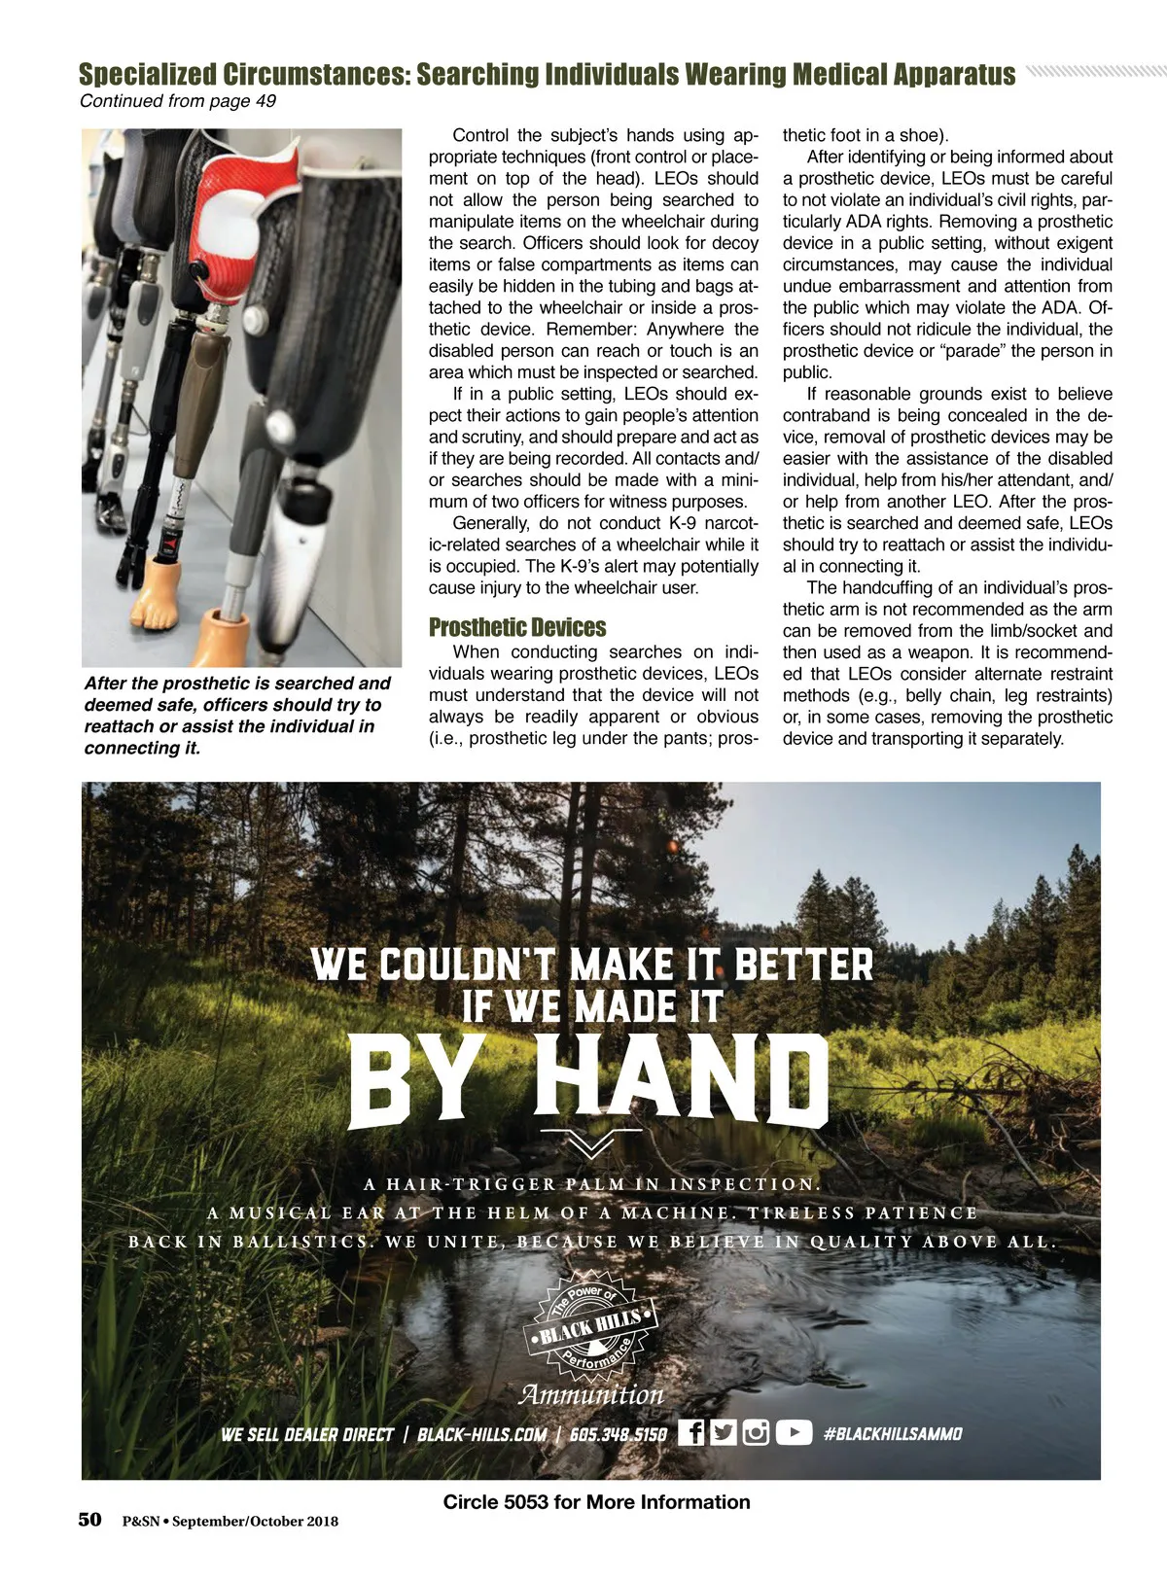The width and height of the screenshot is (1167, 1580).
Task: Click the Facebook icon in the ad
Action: [690, 1432]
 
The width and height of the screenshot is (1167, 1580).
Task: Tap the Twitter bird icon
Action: [723, 1432]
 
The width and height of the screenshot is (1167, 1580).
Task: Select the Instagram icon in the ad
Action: [756, 1432]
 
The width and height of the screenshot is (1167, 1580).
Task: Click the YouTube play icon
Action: [794, 1432]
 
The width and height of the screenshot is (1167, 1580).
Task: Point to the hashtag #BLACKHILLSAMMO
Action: [893, 1433]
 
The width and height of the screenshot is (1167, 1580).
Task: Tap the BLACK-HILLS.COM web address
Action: [481, 1434]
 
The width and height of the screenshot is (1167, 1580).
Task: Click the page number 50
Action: [89, 1520]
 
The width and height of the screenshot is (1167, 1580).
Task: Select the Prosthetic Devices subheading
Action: [517, 627]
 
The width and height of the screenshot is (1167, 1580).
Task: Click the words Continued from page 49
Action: [178, 101]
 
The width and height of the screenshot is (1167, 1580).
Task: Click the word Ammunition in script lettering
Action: [591, 1394]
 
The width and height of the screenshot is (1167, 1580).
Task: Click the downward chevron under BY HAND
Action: [590, 1142]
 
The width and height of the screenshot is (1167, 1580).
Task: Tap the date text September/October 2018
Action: [256, 1522]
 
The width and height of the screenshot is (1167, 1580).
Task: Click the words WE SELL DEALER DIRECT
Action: [307, 1434]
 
